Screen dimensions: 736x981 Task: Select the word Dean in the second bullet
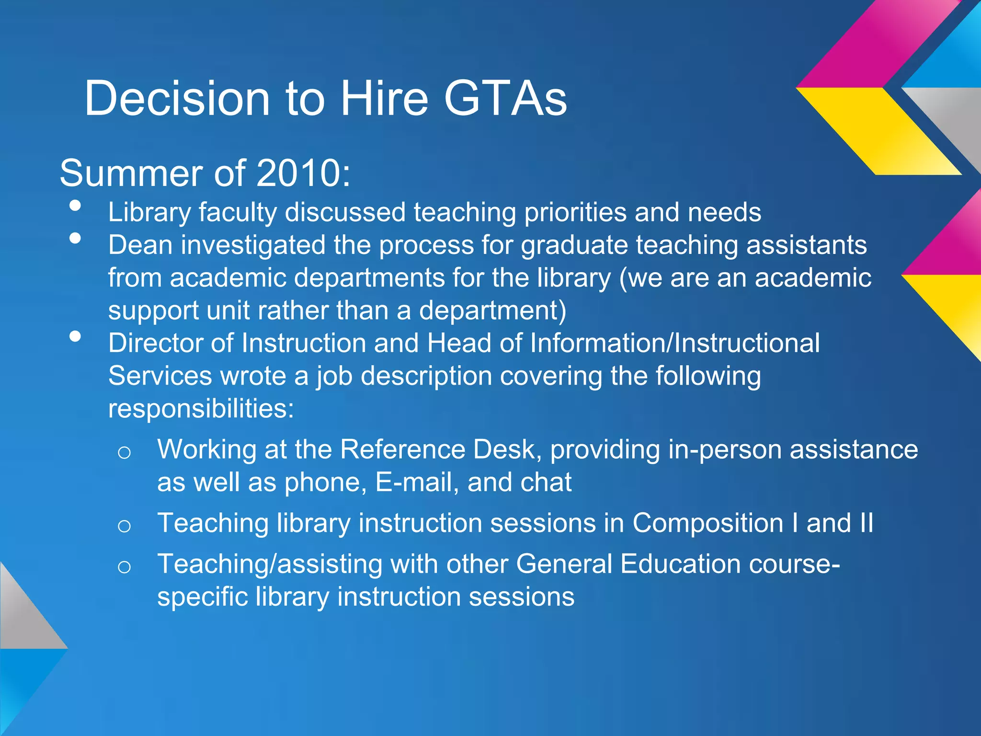140,245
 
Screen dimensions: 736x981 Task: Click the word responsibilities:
201,409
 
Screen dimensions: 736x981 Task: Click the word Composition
708,523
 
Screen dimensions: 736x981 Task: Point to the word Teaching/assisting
270,564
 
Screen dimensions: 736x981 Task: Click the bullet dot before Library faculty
75,206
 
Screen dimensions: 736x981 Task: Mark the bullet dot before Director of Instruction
75,336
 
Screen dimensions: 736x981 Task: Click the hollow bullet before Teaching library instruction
124,526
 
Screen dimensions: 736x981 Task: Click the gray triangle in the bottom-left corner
24,613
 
